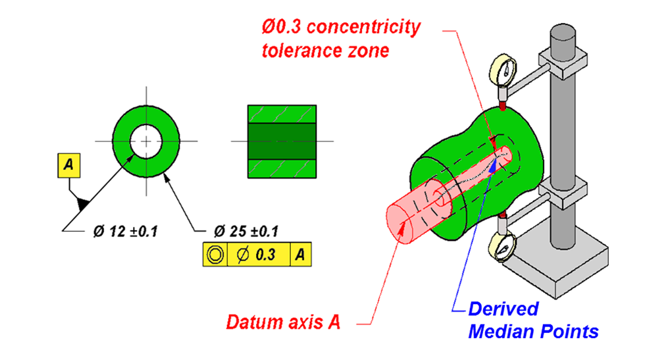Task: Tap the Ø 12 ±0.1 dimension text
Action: (x=126, y=231)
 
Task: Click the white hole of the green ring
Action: (x=145, y=141)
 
